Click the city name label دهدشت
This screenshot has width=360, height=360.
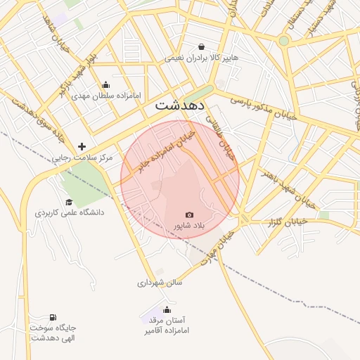click(179, 105)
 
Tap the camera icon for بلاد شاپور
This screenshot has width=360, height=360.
click(189, 214)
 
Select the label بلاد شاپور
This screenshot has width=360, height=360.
click(188, 226)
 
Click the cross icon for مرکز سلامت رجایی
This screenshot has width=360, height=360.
click(82, 147)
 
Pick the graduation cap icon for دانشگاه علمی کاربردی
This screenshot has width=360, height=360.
click(69, 202)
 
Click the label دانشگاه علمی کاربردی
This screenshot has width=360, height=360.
click(69, 212)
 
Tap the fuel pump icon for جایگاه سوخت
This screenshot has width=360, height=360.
click(53, 317)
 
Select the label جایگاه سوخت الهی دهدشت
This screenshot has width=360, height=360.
click(53, 333)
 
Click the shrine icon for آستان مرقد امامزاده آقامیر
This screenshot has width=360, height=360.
click(167, 309)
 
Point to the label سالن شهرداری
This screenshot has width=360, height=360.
click(160, 283)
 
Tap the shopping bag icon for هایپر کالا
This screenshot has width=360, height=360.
click(202, 47)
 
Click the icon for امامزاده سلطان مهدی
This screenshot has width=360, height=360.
click(106, 84)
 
